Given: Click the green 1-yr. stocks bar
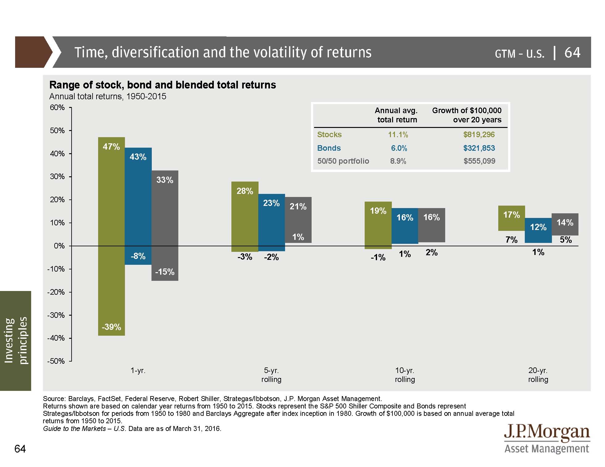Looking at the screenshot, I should [x=111, y=236].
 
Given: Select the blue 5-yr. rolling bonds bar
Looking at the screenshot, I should [x=271, y=223].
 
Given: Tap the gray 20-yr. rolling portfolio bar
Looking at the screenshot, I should [x=565, y=224].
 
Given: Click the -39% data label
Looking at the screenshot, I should [x=111, y=327].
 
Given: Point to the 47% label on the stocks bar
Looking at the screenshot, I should [x=111, y=146].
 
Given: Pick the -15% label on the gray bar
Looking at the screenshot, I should [x=165, y=272].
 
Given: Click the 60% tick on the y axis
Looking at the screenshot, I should [x=57, y=108].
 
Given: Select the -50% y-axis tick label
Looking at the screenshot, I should [x=56, y=361].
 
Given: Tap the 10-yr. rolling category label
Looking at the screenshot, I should [x=405, y=375].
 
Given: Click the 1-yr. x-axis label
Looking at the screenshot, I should [x=138, y=371].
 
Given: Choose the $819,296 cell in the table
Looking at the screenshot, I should [x=479, y=135].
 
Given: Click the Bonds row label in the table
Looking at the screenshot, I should [x=329, y=148].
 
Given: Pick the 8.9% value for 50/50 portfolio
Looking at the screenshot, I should [x=398, y=161].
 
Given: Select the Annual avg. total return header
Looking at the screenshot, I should [x=396, y=115].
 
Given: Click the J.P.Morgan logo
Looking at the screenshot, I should [x=547, y=438].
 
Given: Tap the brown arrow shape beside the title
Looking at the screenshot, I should [x=32, y=52].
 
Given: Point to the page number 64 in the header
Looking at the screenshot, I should [x=572, y=52].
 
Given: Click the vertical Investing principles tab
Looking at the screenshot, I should [x=16, y=341].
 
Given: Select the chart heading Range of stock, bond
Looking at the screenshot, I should [x=163, y=85].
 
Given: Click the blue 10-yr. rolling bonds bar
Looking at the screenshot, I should [x=405, y=226].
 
